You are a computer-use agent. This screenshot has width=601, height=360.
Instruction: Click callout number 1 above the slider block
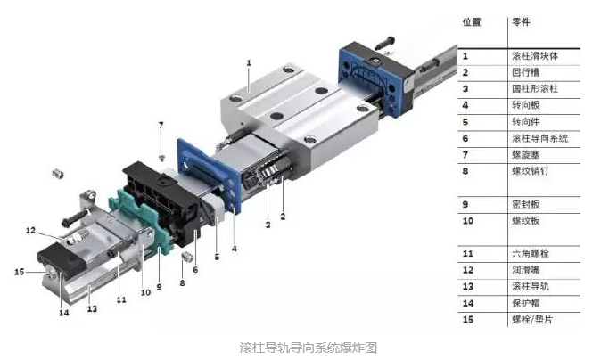pos(249,62)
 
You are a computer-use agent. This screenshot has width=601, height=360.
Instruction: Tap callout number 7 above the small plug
pos(161,124)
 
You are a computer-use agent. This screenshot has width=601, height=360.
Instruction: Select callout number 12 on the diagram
pos(29,230)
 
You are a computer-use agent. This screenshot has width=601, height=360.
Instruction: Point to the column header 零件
pos(519,20)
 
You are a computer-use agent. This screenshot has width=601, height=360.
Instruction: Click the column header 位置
pos(471,20)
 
